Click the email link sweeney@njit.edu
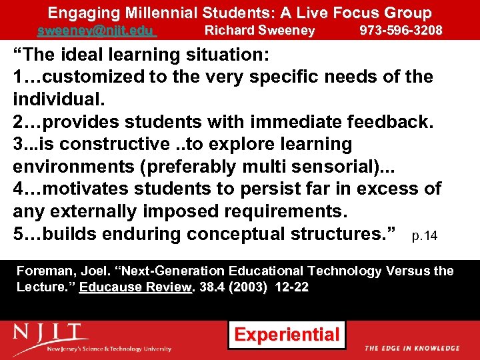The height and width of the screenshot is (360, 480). [96, 31]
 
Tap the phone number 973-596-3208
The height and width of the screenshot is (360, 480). [401, 30]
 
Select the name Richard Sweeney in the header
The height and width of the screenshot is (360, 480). [259, 30]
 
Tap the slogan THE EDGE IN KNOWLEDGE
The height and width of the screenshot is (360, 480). [411, 348]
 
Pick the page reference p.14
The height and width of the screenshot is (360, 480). [425, 236]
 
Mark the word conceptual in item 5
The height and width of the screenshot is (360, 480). [237, 235]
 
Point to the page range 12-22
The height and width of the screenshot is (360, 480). [293, 286]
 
